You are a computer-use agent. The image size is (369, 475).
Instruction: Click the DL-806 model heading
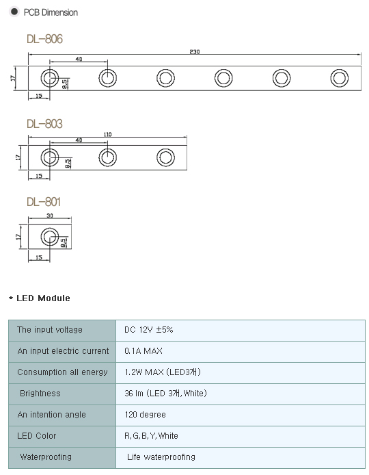point(45,39)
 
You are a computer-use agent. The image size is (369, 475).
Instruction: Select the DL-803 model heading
point(45,124)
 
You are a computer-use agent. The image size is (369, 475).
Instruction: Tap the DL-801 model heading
point(44,202)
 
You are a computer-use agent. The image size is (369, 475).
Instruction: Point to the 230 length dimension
point(195,52)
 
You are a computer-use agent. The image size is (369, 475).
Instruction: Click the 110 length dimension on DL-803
point(108,134)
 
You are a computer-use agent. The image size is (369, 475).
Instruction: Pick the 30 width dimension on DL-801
point(50,216)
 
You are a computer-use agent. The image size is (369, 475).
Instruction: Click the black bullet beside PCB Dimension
point(14,12)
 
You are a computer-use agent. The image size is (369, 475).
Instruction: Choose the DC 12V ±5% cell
point(148,330)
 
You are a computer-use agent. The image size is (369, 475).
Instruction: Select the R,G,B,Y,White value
point(151,435)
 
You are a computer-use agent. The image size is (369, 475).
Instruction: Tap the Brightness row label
point(40,393)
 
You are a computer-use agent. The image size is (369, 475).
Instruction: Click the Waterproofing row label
point(46,457)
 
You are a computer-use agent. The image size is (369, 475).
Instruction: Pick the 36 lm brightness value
point(165,393)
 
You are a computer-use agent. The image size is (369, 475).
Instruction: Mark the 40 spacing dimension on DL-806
point(79,59)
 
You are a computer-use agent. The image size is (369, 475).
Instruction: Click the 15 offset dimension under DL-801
point(39,258)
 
